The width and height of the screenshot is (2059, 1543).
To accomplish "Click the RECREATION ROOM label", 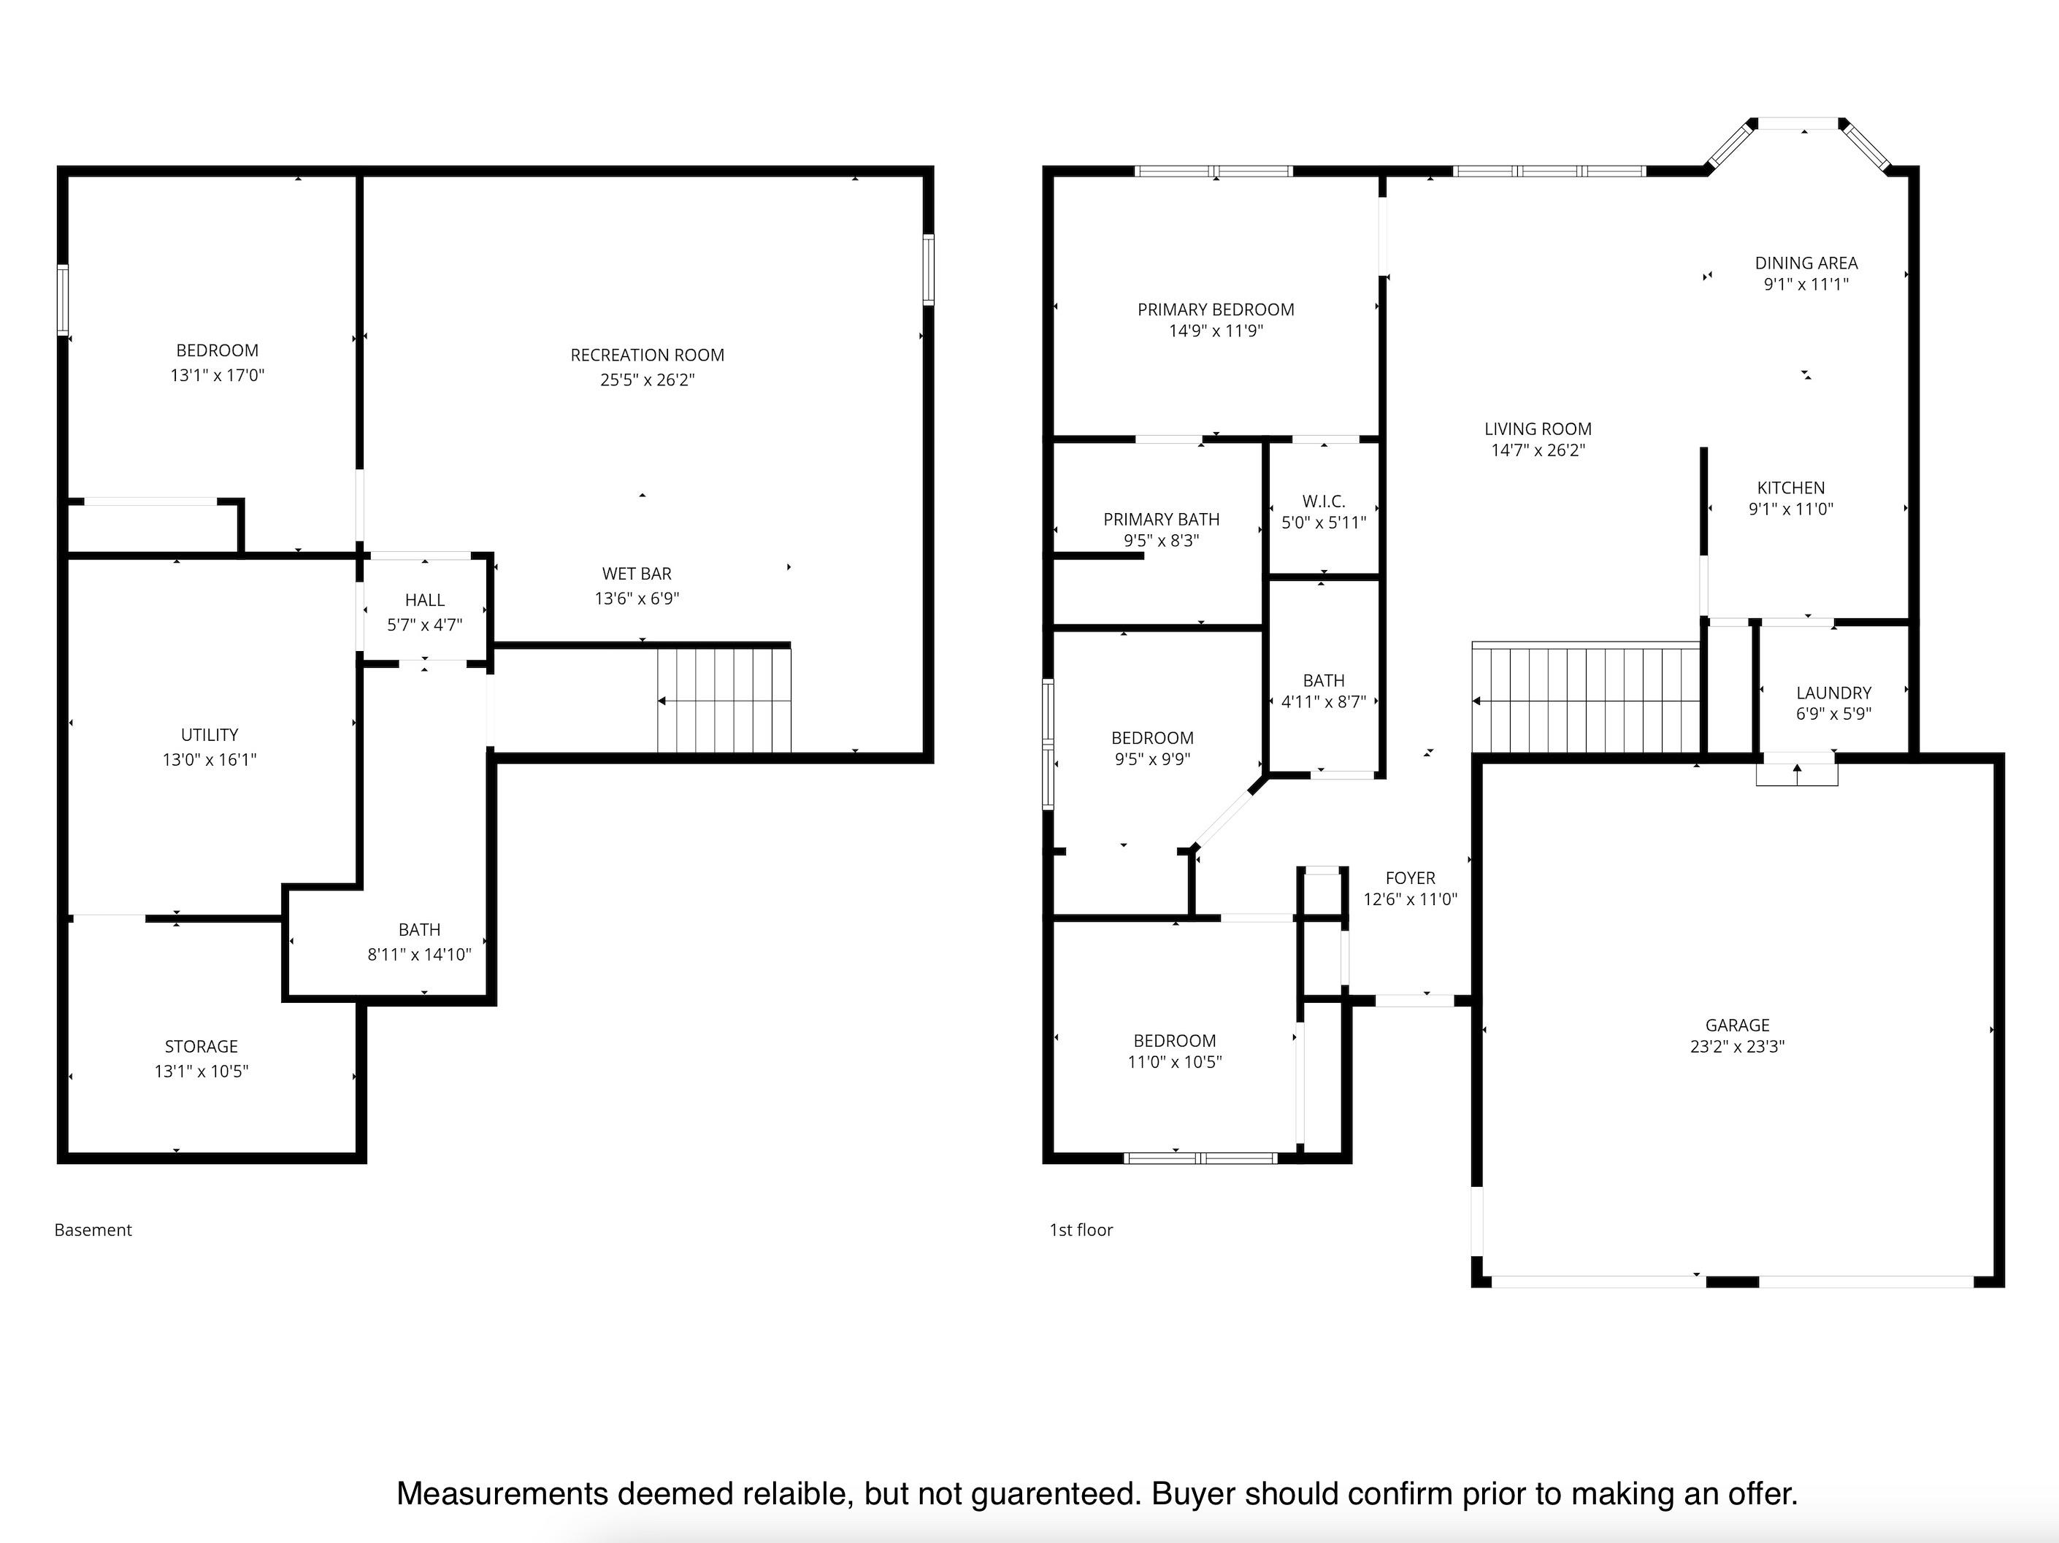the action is pyautogui.click(x=647, y=355).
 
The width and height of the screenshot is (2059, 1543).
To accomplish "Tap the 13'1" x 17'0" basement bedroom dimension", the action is pyautogui.click(x=217, y=375).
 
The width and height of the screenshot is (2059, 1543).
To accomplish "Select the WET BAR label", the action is pyautogui.click(x=637, y=573).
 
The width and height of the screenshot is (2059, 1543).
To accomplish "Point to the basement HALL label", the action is pyautogui.click(x=424, y=600).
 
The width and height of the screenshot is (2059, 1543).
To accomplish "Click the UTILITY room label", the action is pyautogui.click(x=210, y=734).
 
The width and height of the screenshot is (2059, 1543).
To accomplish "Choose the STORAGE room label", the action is pyautogui.click(x=201, y=1046).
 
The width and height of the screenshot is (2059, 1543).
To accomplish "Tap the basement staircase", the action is pyautogui.click(x=724, y=700).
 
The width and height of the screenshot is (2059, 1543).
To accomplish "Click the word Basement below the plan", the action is pyautogui.click(x=93, y=1229).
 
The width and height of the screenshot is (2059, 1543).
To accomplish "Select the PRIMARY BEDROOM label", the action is pyautogui.click(x=1216, y=309).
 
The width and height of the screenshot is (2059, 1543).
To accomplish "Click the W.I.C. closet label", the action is pyautogui.click(x=1324, y=501).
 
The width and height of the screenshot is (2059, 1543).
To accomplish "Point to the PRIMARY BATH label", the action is pyautogui.click(x=1161, y=519).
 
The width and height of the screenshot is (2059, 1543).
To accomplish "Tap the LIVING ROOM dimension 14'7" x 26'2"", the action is pyautogui.click(x=1538, y=450).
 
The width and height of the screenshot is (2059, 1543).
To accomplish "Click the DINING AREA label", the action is pyautogui.click(x=1806, y=263).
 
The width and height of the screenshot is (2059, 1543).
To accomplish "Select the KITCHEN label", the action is pyautogui.click(x=1791, y=488).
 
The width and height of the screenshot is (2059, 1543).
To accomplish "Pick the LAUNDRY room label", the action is pyautogui.click(x=1833, y=693).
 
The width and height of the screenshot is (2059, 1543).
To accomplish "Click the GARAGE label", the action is pyautogui.click(x=1737, y=1025).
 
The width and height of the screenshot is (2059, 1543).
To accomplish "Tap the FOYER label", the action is pyautogui.click(x=1410, y=877).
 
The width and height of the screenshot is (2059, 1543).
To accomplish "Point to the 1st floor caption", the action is pyautogui.click(x=1081, y=1229).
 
